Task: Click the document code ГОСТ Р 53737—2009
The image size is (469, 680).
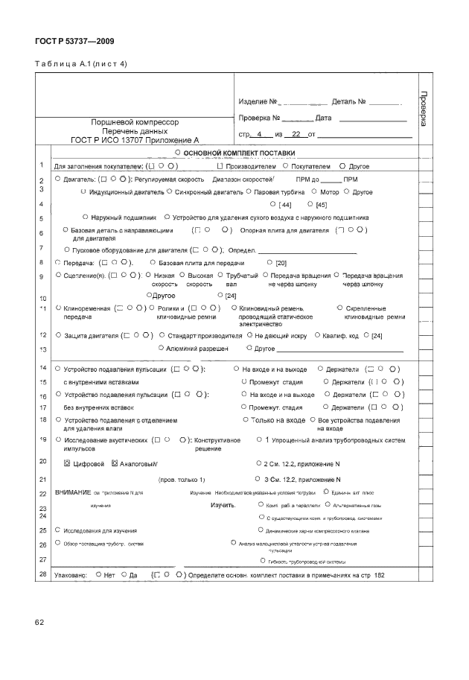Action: coord(74,41)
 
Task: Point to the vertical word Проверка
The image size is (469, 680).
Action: coord(424,108)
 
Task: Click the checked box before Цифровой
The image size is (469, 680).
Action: coord(68,463)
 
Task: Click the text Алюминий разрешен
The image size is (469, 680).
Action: coord(192,348)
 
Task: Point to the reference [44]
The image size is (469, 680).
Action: coord(284,204)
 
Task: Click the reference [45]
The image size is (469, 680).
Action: coord(321,204)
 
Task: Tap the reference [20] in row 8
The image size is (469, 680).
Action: coord(281,263)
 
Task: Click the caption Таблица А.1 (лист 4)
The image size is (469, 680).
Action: coord(81,63)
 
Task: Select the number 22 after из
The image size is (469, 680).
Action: coord(297,135)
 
